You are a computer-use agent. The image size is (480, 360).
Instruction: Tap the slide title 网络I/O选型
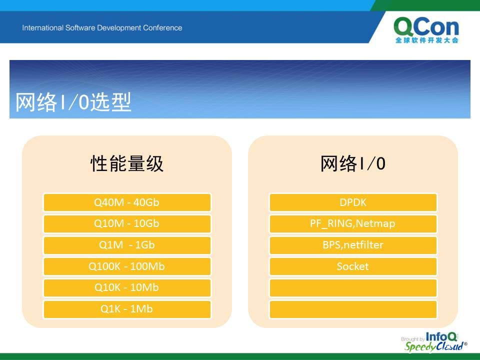coord(73,102)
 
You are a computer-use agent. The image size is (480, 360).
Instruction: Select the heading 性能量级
coord(126,163)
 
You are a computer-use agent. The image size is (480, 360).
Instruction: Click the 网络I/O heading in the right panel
coord(352,163)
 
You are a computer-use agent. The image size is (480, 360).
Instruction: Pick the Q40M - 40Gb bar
coord(127,202)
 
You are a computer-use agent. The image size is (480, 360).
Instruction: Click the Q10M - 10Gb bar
coord(127,224)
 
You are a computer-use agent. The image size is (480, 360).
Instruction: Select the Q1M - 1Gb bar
coord(127,245)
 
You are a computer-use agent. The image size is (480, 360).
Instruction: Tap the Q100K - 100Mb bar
coord(127,266)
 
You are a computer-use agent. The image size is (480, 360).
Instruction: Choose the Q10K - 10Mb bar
coord(127,288)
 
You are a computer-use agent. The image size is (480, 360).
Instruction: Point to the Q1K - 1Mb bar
coord(127,309)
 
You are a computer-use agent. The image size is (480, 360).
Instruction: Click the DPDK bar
coord(353,202)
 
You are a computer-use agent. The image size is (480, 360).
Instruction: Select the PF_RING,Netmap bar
coord(353,224)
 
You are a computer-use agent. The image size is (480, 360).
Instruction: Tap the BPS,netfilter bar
coord(353,245)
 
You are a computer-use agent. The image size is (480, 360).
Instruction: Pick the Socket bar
coord(353,266)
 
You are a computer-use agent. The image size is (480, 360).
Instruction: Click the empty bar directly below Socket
coord(353,288)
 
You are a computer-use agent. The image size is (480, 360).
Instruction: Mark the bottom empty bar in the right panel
coord(353,309)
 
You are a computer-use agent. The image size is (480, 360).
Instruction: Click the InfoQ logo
coord(441,336)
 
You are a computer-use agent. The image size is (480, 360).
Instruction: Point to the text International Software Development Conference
coord(102,28)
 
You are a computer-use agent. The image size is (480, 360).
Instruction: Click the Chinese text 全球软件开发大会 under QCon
coord(426,40)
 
